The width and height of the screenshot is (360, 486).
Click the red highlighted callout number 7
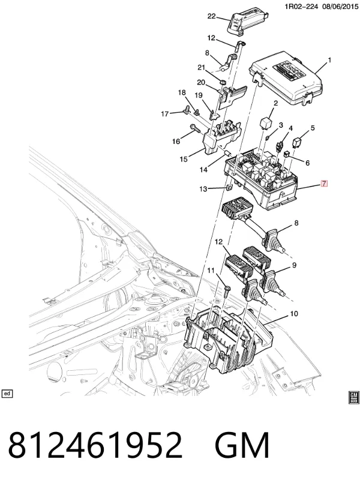click(x=324, y=184)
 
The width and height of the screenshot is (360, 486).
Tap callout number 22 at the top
click(x=211, y=16)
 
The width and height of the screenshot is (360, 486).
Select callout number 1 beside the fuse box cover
click(x=329, y=60)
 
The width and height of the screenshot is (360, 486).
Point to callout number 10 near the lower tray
click(x=293, y=314)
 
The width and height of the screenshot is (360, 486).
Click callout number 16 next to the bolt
click(x=176, y=142)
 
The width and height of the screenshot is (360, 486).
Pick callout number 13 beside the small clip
click(x=203, y=189)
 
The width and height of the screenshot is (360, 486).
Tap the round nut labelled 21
click(x=223, y=82)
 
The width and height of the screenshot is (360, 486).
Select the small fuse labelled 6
click(x=287, y=153)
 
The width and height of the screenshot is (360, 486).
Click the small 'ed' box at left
click(x=7, y=394)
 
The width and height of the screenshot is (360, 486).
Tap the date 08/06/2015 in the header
click(x=340, y=6)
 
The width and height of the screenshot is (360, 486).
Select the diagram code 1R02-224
click(x=301, y=6)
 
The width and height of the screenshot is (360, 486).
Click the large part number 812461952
click(x=95, y=445)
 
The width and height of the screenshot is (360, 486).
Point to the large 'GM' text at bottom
click(x=242, y=445)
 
